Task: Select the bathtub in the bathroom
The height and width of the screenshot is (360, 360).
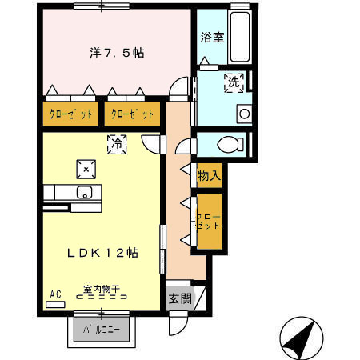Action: click(238, 37)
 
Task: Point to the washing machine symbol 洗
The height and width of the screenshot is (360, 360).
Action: click(234, 82)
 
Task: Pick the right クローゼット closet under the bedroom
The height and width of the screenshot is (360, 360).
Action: click(132, 114)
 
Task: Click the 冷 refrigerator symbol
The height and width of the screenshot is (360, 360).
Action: click(117, 144)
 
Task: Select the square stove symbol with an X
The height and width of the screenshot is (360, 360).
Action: click(85, 167)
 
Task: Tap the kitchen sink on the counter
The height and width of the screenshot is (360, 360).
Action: click(84, 192)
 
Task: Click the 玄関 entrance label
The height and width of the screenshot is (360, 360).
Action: click(179, 299)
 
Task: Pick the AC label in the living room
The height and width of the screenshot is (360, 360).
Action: click(56, 294)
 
